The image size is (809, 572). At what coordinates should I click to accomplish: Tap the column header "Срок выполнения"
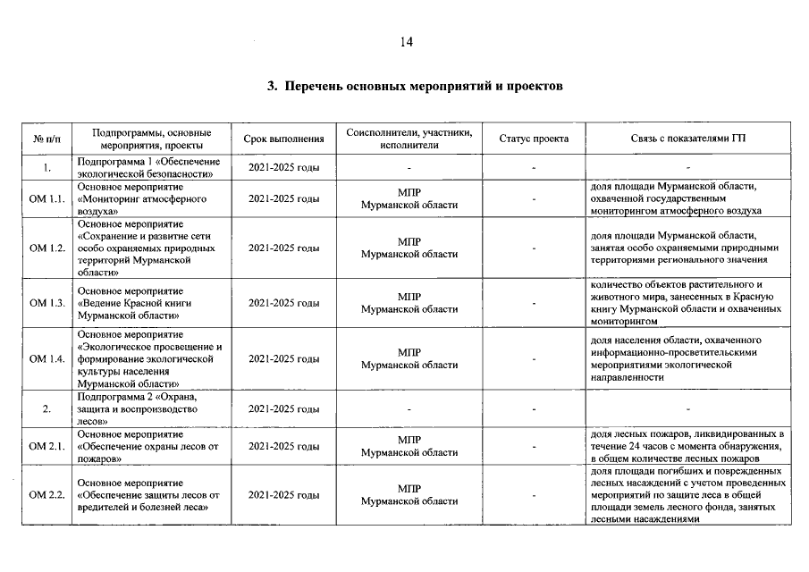click(283, 139)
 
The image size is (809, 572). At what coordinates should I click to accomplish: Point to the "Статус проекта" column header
click(534, 139)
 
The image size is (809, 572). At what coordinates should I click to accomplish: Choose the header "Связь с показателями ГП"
click(688, 139)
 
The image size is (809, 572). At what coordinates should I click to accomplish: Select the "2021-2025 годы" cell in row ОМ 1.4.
click(283, 358)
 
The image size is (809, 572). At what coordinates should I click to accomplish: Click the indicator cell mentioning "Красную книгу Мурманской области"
click(688, 303)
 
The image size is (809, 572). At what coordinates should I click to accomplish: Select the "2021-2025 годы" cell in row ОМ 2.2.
click(283, 494)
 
